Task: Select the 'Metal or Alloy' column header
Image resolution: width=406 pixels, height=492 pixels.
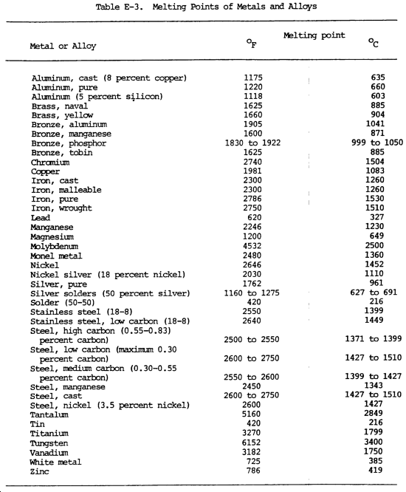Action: [63, 46]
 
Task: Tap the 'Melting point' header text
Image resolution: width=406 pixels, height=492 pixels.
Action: [314, 35]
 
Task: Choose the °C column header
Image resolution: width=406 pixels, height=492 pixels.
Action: [375, 46]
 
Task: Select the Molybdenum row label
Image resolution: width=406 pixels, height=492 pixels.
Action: [55, 245]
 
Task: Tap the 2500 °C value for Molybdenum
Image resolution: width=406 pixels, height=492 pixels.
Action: [374, 245]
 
